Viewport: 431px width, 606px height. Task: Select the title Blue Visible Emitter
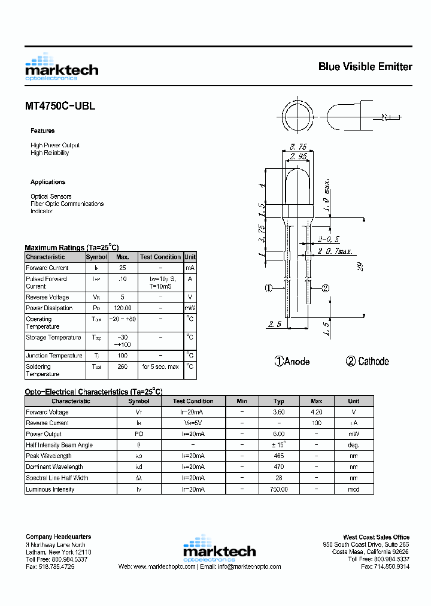365,66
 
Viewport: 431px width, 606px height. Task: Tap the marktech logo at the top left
62,67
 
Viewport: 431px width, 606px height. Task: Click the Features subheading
43,131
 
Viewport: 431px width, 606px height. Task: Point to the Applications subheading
48,182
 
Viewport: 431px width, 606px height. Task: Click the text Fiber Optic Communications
67,204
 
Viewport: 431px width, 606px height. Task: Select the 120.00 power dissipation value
123,308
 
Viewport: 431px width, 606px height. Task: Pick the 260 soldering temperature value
123,366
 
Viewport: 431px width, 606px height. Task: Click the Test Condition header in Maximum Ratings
160,257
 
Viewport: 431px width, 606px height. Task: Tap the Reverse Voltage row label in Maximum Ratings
47,298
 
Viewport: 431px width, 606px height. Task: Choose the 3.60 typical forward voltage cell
279,412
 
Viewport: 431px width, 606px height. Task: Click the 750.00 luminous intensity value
279,489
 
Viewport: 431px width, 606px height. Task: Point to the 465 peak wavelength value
279,456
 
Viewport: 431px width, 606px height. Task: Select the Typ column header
279,401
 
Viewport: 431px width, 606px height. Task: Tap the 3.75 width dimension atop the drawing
298,146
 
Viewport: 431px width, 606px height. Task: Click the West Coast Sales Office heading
376,537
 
